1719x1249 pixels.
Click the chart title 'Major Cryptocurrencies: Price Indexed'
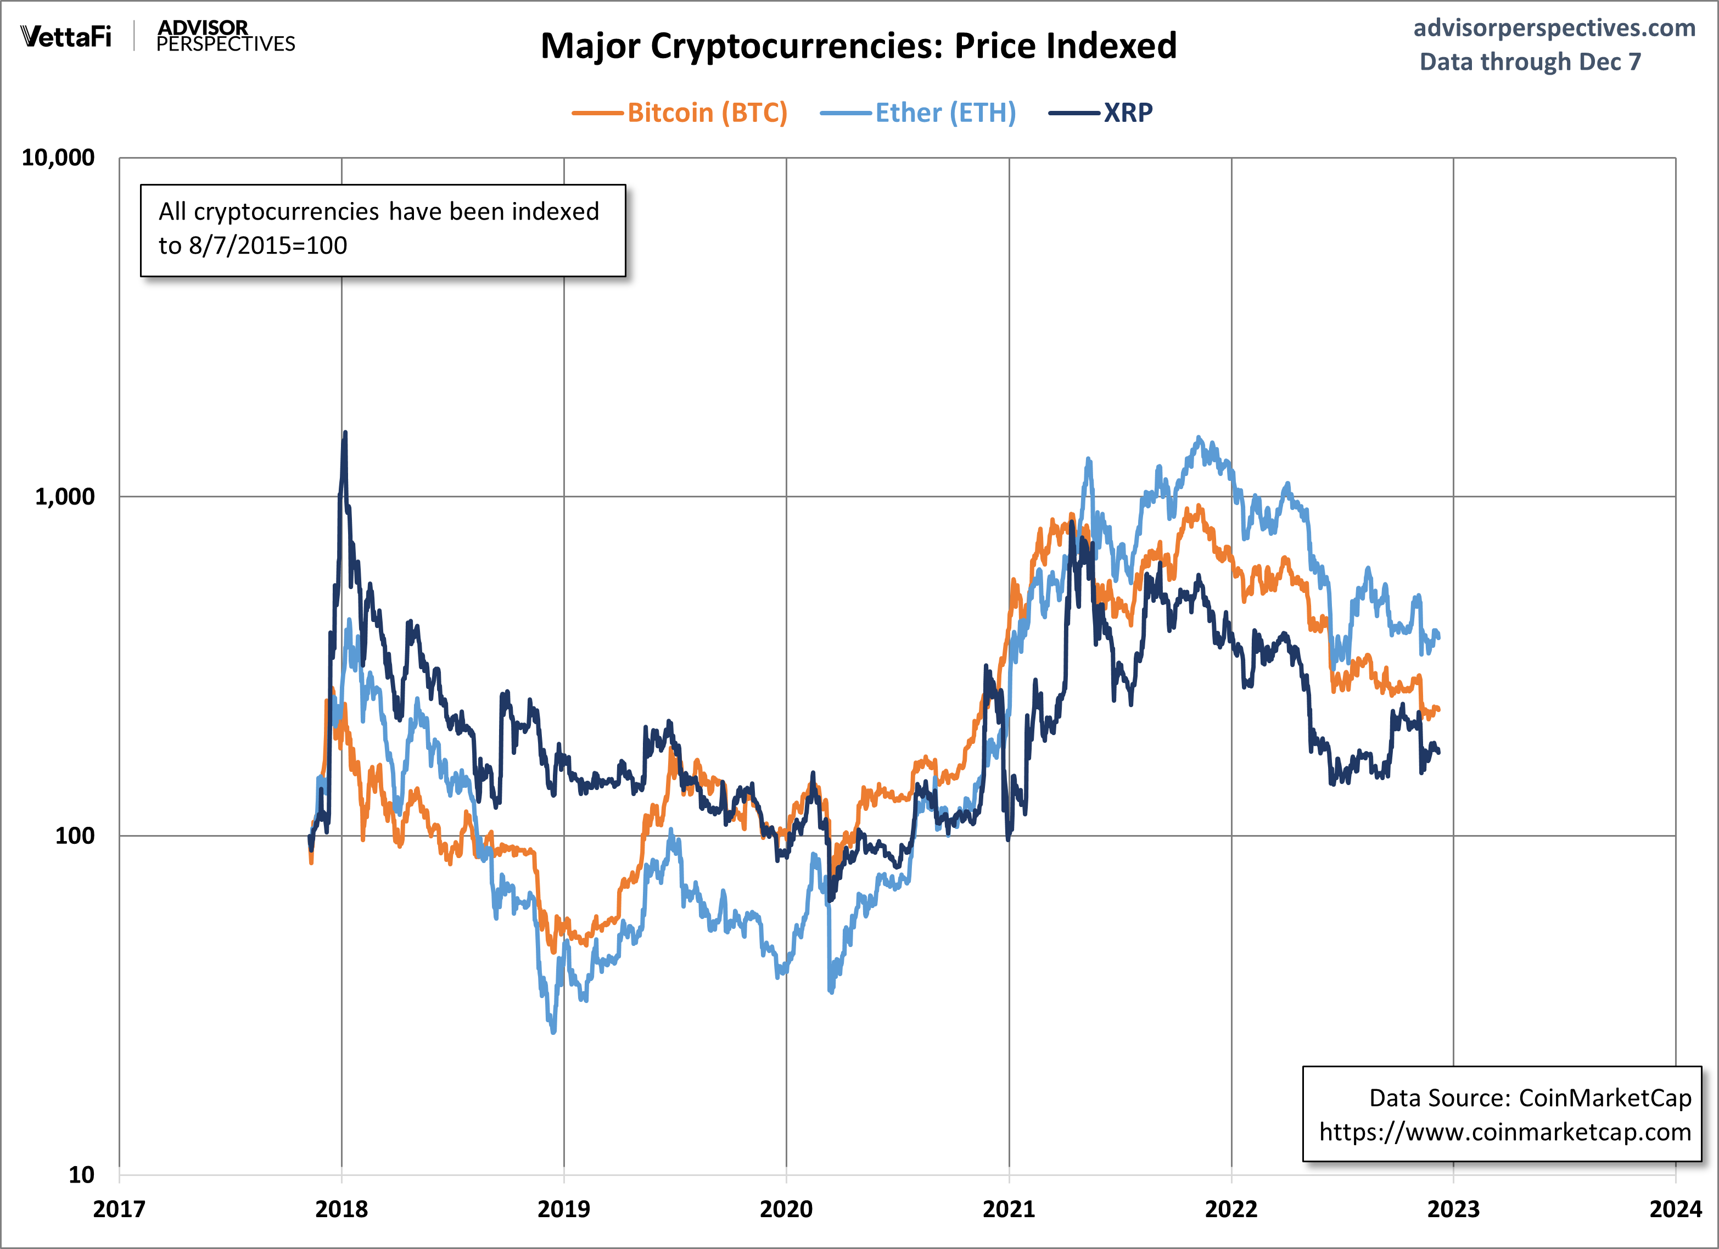click(x=858, y=46)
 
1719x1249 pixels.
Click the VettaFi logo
click(x=66, y=36)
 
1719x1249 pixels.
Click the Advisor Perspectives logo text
click(x=225, y=36)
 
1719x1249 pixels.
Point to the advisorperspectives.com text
click(x=1554, y=28)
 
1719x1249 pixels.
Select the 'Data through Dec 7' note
click(x=1530, y=61)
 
